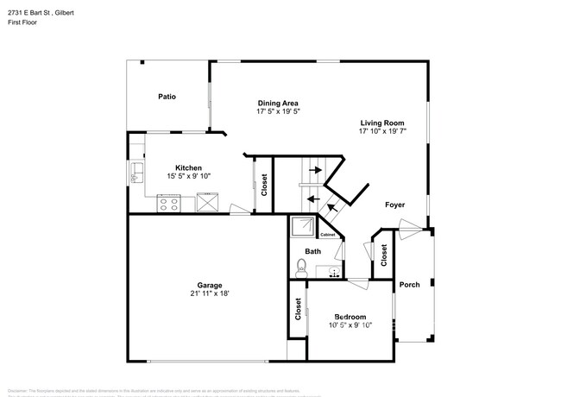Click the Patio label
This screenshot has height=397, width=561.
[x=167, y=97]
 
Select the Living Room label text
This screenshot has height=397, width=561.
[x=381, y=123]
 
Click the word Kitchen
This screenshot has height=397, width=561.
[x=188, y=167]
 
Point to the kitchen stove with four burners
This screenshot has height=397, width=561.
[x=167, y=205]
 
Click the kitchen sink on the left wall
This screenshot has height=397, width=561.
[x=136, y=173]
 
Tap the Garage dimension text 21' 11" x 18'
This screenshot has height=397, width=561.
[x=210, y=293]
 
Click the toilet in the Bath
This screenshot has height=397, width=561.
[x=301, y=267]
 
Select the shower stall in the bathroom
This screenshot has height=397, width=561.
[x=304, y=227]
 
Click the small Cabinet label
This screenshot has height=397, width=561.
[x=328, y=235]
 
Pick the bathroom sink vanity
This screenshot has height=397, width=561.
[x=330, y=272]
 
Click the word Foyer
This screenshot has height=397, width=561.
[x=395, y=205]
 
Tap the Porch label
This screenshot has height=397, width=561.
[x=409, y=285]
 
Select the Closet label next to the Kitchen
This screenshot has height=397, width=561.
[x=264, y=184]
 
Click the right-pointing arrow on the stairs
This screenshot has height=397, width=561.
[x=314, y=171]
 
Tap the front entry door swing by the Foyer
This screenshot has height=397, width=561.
[x=413, y=228]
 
